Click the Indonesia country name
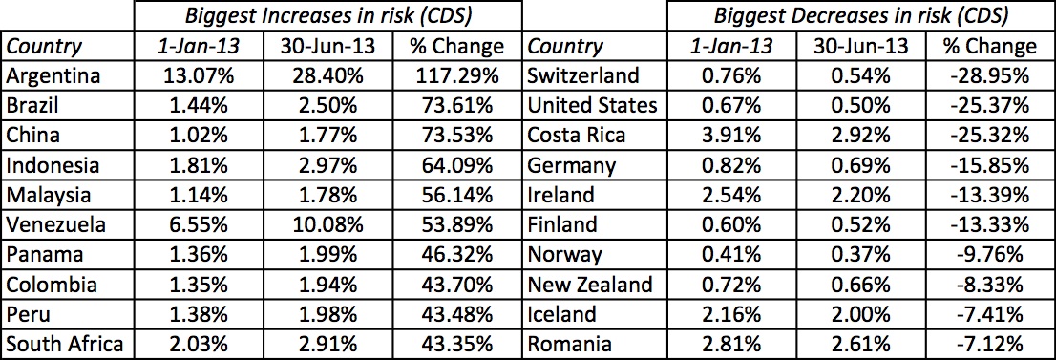tap(53, 165)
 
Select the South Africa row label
tap(65, 345)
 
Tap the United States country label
tap(593, 105)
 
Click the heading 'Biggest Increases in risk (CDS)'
tap(327, 16)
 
